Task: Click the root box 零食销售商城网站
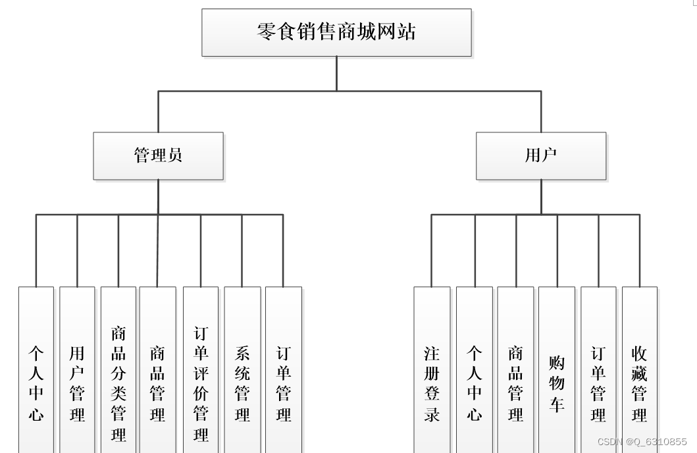pos(336,32)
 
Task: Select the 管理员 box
pos(158,156)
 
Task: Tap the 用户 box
pos(541,156)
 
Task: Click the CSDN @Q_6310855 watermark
pos(642,442)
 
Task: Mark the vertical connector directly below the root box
pos(336,73)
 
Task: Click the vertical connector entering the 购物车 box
pos(557,250)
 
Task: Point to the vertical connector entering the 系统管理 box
pos(242,250)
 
